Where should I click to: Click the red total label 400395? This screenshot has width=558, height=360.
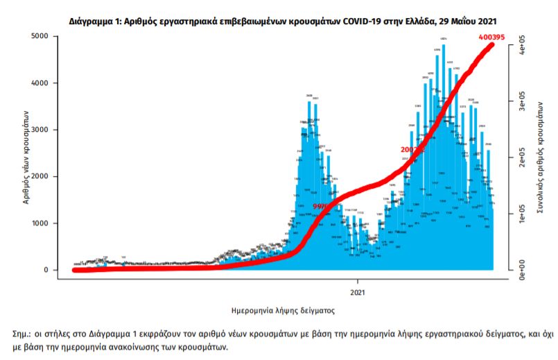494,36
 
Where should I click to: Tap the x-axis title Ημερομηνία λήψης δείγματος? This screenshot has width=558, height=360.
283,310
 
